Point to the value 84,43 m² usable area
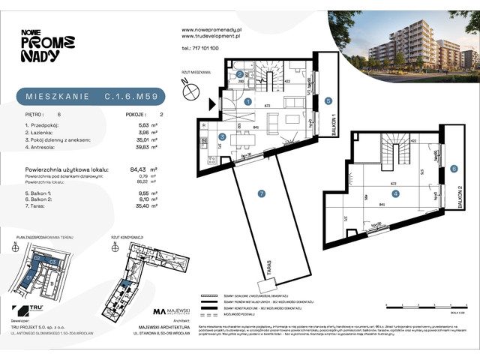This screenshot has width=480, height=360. [137, 169]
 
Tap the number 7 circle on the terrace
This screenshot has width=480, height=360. [261, 195]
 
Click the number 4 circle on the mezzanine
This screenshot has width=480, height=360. [394, 193]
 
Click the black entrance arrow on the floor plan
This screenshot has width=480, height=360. [214, 105]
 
